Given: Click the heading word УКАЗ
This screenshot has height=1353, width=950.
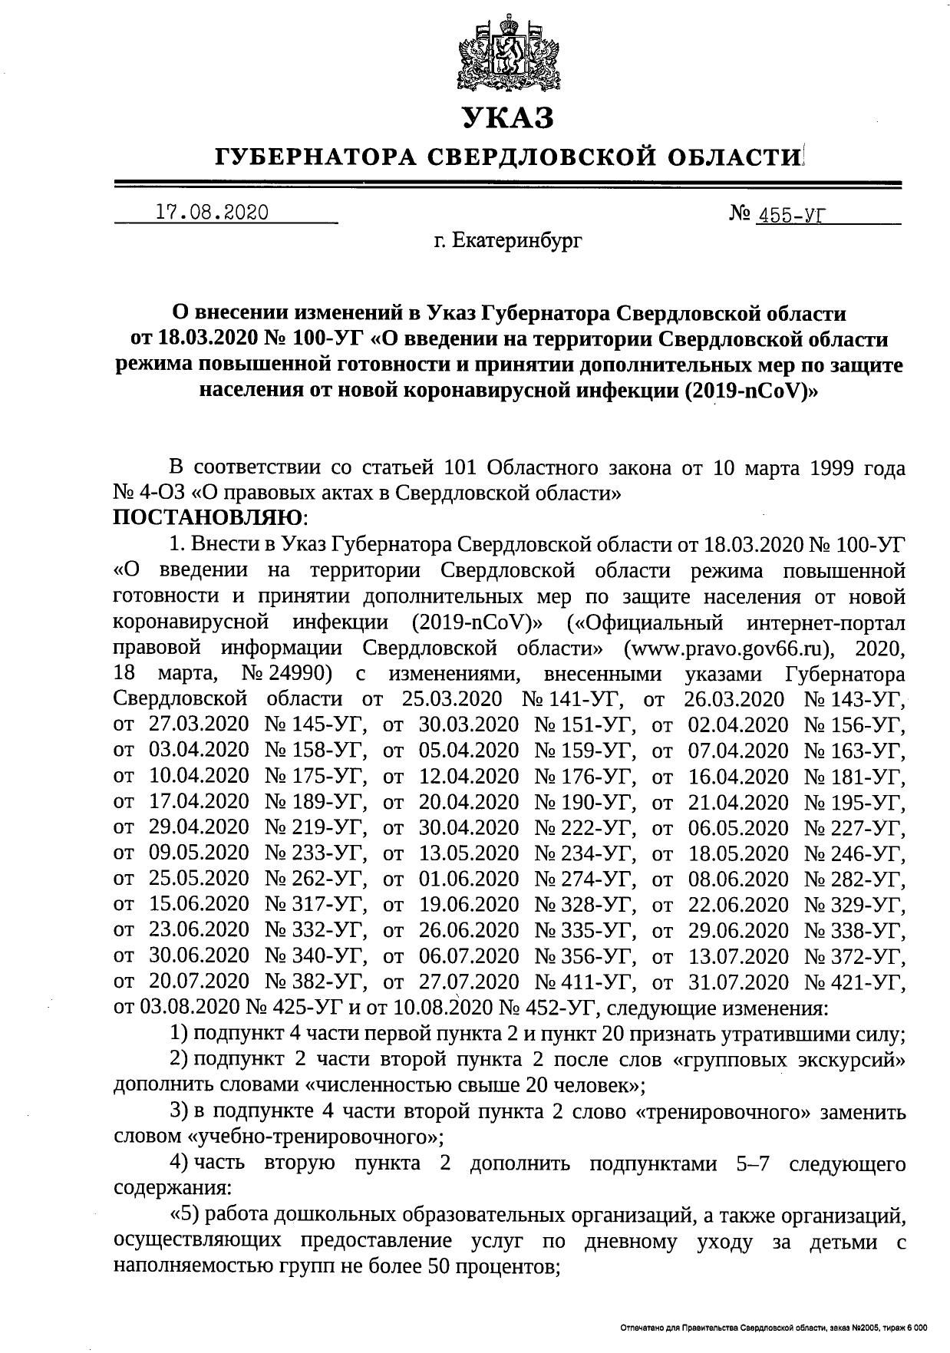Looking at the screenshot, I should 507,119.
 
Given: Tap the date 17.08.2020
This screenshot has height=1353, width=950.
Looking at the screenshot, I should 212,213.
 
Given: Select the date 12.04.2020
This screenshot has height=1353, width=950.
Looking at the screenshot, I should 469,777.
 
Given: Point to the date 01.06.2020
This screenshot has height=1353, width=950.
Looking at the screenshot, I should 469,879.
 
